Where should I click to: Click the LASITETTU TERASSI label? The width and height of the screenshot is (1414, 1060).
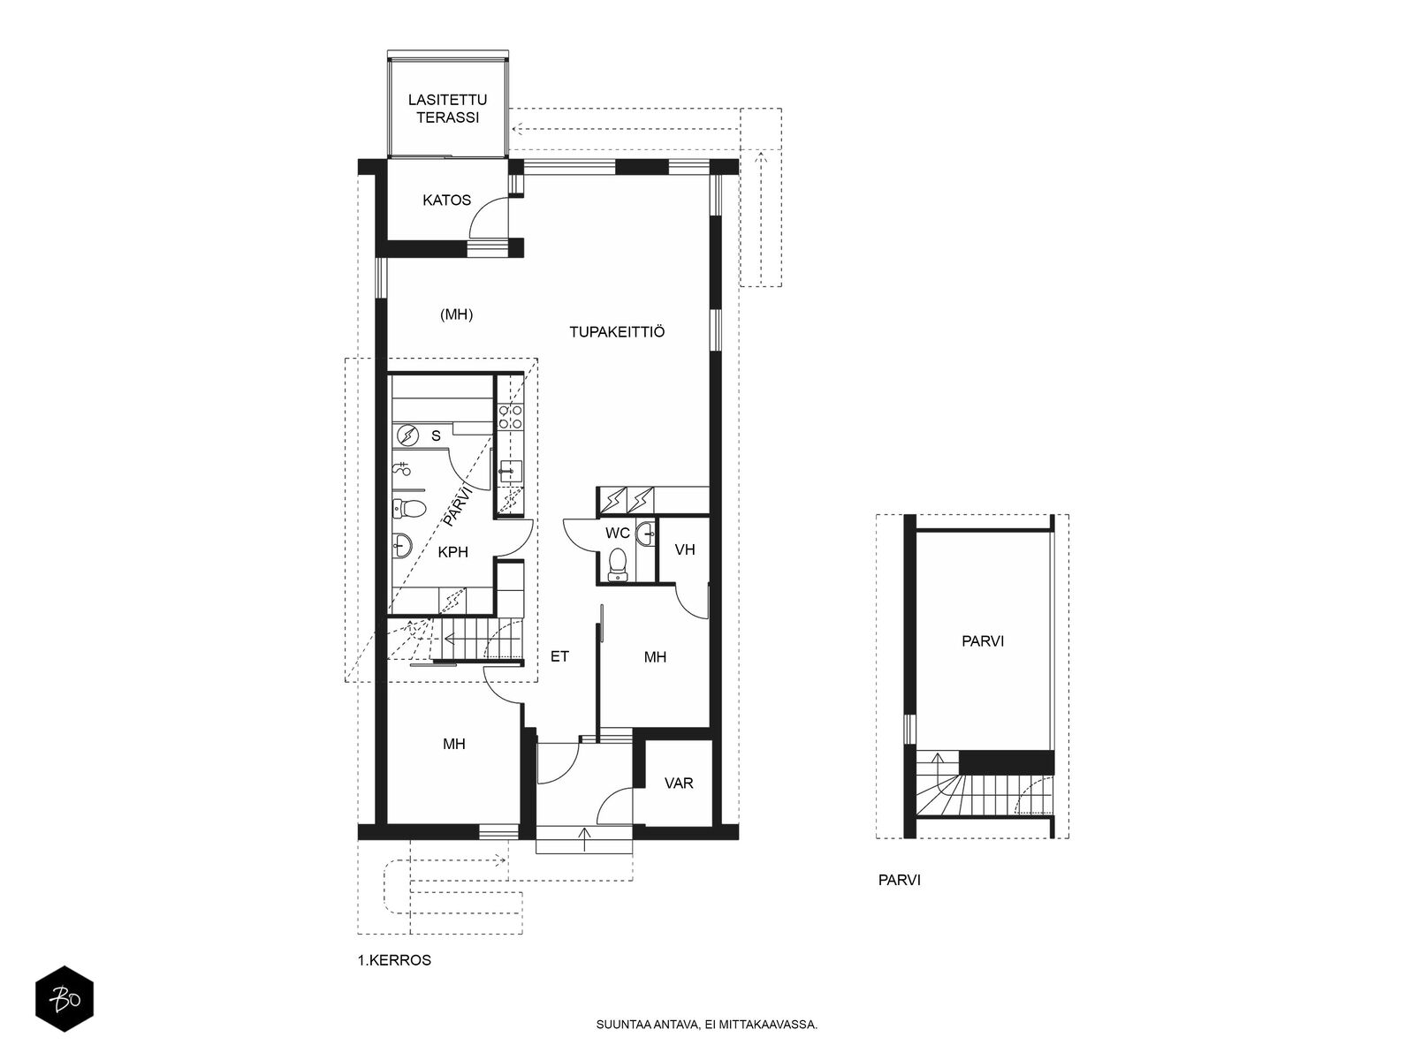447,109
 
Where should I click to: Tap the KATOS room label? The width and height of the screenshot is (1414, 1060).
446,201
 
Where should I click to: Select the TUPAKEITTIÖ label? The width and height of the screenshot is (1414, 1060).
617,331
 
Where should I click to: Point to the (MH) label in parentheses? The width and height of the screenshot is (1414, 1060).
456,314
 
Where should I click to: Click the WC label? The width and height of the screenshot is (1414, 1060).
617,533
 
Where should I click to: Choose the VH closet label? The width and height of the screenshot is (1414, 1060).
685,549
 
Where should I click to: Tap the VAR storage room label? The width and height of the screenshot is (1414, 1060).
679,784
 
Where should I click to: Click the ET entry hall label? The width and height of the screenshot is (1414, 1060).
559,656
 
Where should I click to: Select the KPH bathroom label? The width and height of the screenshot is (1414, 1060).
452,552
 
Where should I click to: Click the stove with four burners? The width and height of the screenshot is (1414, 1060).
510,416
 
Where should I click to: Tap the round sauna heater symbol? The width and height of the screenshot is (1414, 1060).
407,436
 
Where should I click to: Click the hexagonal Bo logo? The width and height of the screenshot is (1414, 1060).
65,998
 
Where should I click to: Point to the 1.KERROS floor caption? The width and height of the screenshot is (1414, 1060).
394,960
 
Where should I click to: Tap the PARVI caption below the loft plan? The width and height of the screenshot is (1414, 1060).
900,881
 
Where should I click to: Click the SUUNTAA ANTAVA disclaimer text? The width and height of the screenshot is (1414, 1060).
707,1025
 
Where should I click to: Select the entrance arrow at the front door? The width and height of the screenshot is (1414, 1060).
584,840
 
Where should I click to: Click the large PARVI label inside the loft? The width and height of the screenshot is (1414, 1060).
983,641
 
